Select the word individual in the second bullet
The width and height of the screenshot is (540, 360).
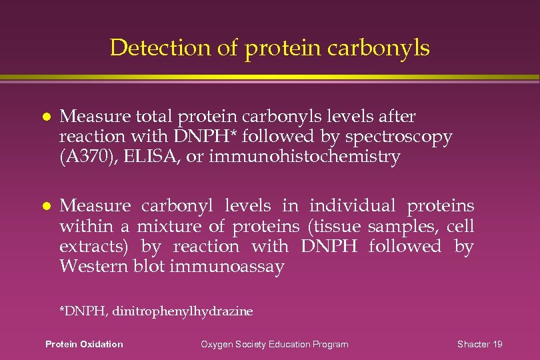point(352,207)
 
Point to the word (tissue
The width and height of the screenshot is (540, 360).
point(335,227)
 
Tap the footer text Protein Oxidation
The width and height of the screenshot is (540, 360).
point(84,344)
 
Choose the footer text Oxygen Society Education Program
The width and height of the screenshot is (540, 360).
point(275,344)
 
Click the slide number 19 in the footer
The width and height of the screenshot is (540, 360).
point(497,344)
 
